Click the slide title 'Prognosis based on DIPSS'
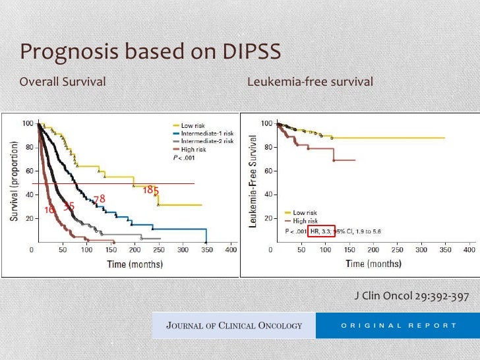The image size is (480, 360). [x=150, y=51]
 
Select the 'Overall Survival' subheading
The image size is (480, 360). [x=63, y=82]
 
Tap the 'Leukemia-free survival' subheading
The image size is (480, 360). [x=310, y=82]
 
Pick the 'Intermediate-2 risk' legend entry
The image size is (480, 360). [x=207, y=141]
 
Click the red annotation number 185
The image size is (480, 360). [x=151, y=191]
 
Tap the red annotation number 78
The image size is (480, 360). [x=100, y=199]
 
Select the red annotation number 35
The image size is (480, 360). [x=69, y=206]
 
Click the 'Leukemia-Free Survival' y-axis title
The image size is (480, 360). [x=253, y=182]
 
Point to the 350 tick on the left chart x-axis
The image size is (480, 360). [x=207, y=251]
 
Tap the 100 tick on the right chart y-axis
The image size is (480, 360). [x=267, y=124]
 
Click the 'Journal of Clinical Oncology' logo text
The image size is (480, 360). [x=234, y=325]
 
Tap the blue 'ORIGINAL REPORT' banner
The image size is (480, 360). [x=398, y=325]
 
